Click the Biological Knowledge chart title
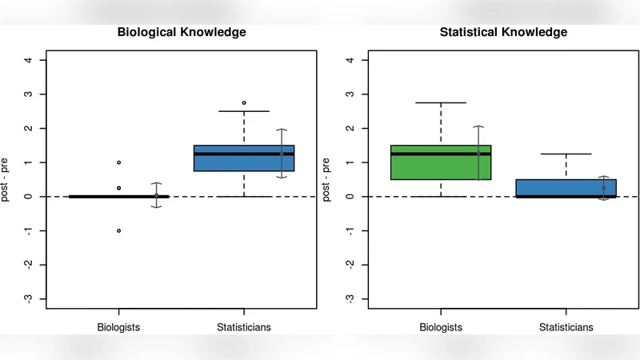[182, 33]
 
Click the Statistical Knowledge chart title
[503, 33]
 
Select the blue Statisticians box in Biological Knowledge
[244, 158]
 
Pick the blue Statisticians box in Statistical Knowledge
[566, 188]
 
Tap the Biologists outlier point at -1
[119, 230]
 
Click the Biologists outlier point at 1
[119, 162]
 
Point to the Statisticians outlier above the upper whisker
[244, 102]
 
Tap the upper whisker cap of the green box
[441, 102]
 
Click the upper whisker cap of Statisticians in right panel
[566, 154]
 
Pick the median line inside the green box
[441, 154]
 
